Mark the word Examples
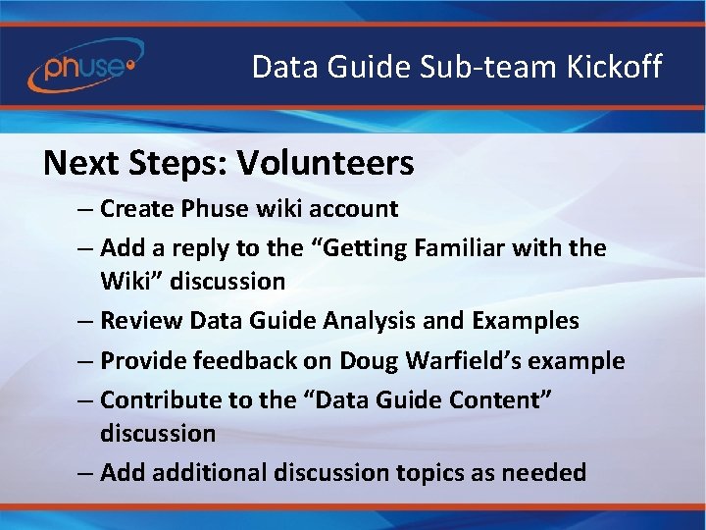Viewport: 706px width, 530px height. point(527,321)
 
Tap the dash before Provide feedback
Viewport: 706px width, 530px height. point(85,361)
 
